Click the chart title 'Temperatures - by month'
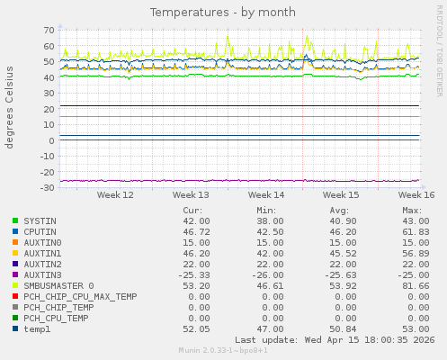(222, 13)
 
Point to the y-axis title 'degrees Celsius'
(10, 107)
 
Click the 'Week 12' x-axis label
(115, 194)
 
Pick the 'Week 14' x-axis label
(266, 194)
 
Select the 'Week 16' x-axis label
(416, 194)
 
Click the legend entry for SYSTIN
(40, 220)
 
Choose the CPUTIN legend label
(40, 231)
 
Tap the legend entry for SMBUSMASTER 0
(58, 285)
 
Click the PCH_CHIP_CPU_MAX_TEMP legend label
(80, 296)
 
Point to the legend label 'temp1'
(37, 328)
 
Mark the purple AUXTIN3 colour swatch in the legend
(15, 274)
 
